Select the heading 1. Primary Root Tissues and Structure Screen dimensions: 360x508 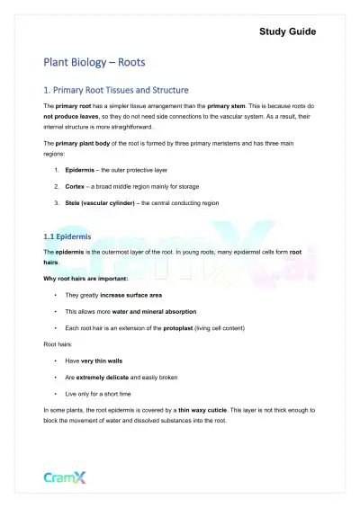[116, 90]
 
